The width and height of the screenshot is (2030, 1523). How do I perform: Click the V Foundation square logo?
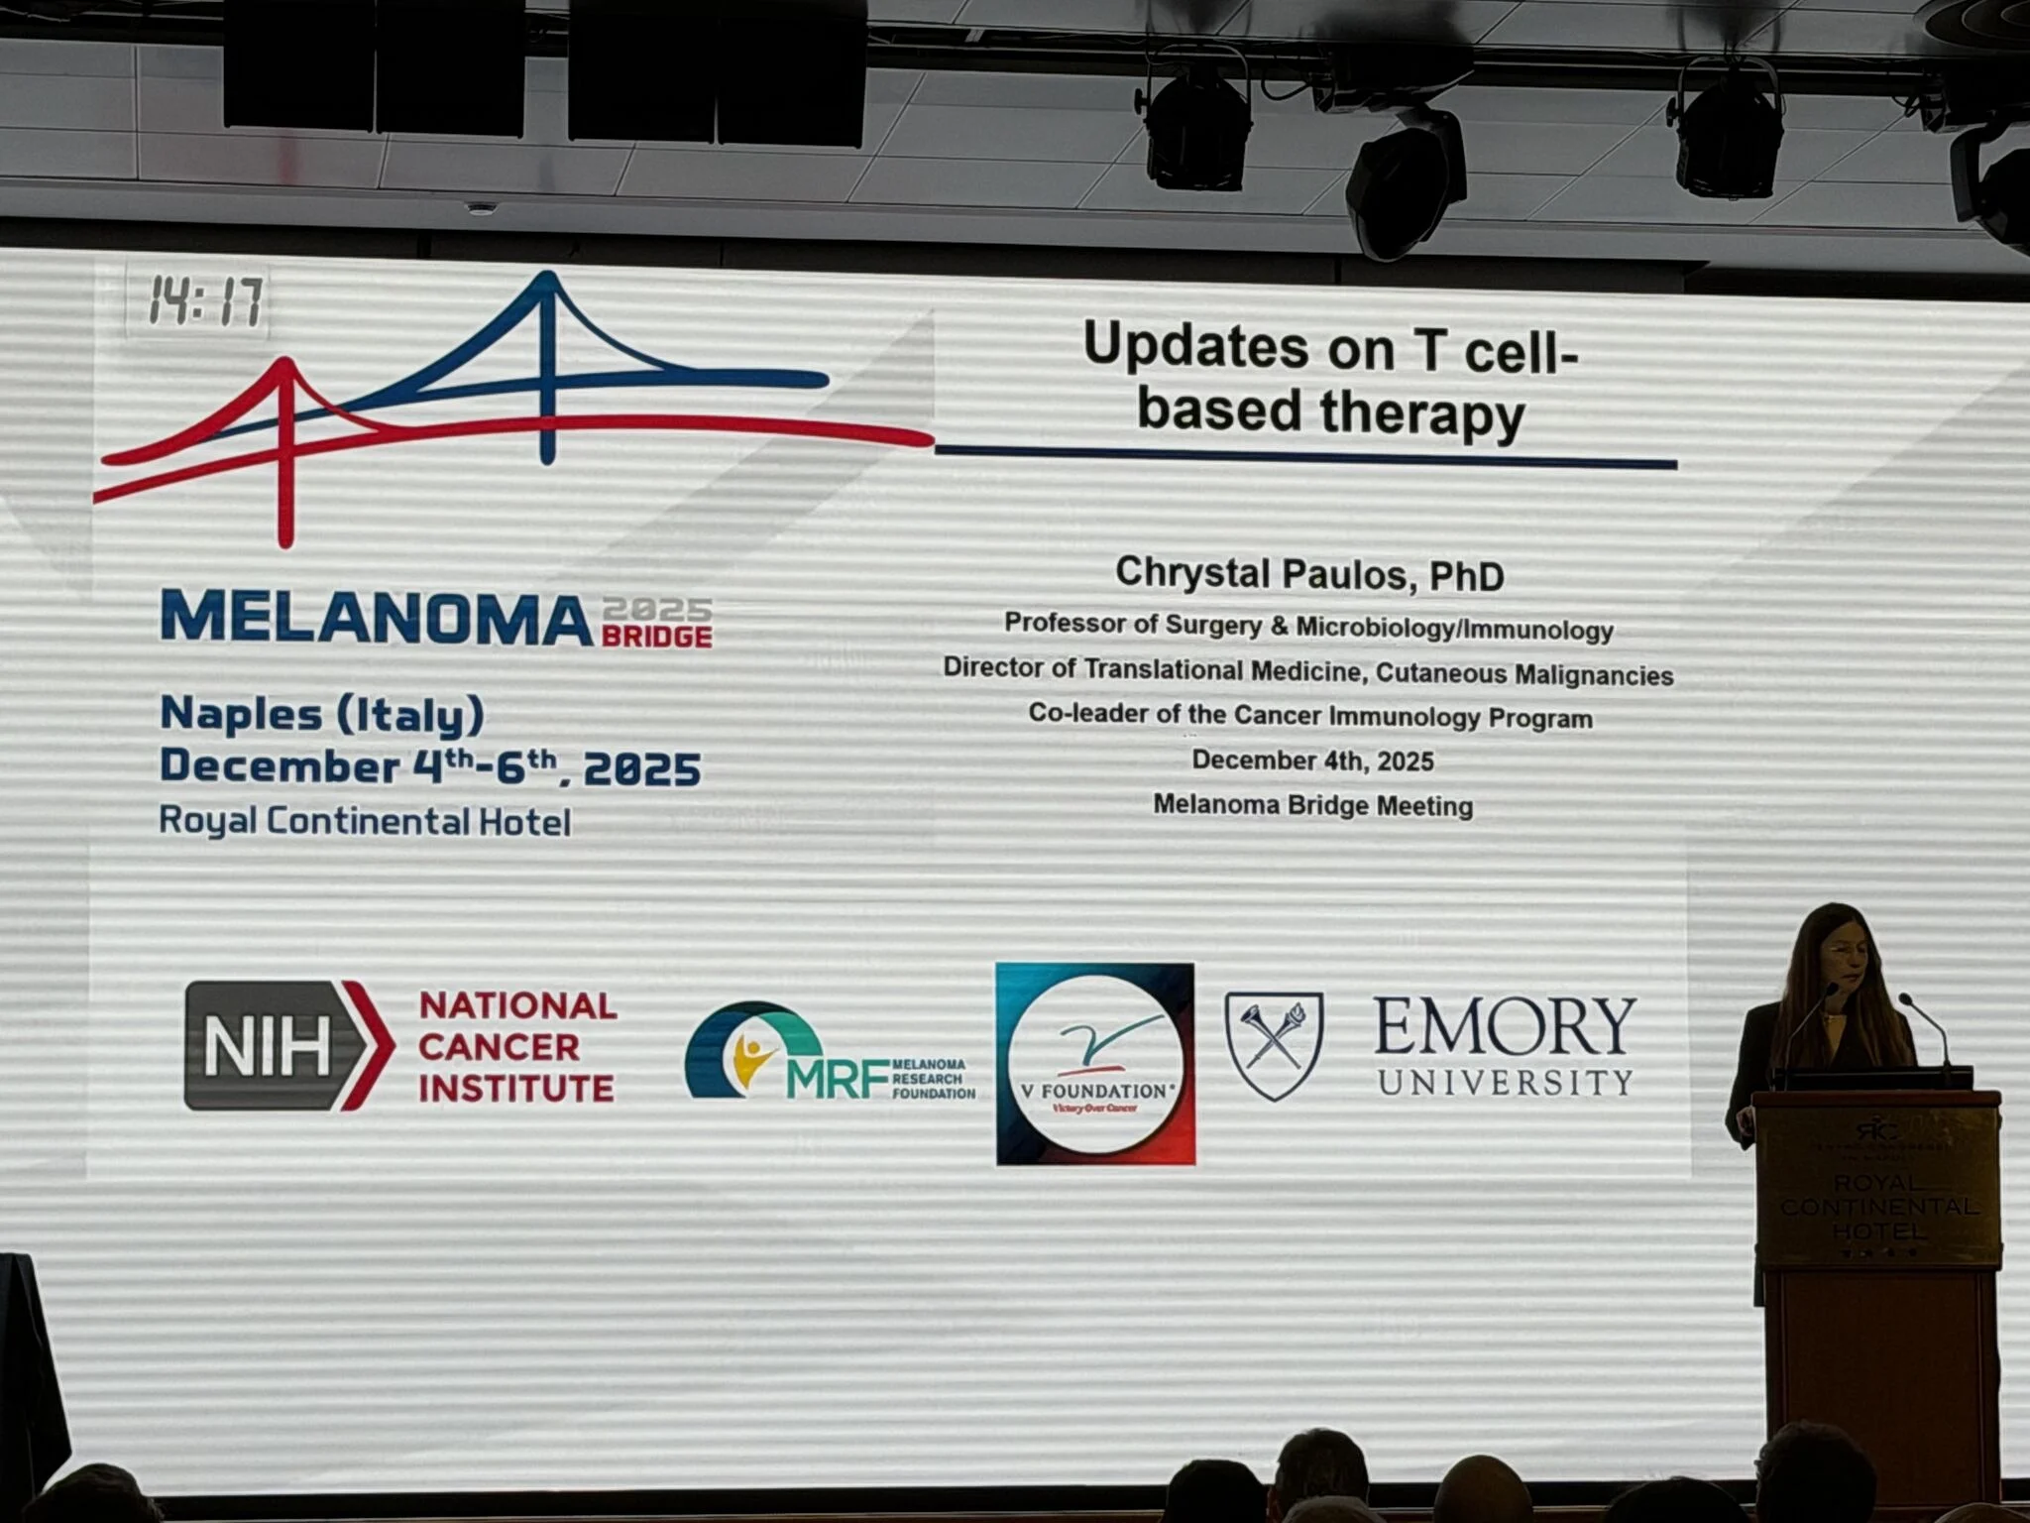click(1095, 1064)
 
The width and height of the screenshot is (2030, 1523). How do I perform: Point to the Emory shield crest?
click(1275, 1045)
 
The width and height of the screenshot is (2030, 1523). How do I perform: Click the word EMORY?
click(1504, 1026)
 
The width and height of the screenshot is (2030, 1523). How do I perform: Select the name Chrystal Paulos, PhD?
click(1309, 574)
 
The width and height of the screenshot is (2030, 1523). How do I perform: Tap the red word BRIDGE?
click(656, 637)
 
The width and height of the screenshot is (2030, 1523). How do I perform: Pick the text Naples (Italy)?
click(322, 714)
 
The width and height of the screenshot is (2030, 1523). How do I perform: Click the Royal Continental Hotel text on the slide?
click(365, 821)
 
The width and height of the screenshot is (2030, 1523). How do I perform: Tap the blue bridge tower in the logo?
click(547, 367)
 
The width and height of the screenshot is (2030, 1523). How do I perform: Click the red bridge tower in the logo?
click(285, 451)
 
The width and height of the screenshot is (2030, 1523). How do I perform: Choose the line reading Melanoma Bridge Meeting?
click(1312, 805)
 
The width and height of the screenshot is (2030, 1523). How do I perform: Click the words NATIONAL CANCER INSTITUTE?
click(516, 1047)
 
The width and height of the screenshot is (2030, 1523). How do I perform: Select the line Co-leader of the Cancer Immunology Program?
click(1309, 716)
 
